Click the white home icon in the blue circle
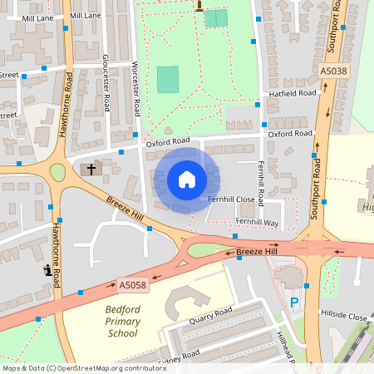[x=186, y=180]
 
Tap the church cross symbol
[x=91, y=169]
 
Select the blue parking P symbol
[x=293, y=304]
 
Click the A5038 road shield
[x=333, y=71]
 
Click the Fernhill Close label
[x=231, y=199]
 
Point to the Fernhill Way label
[x=255, y=222]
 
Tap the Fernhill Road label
[x=260, y=184]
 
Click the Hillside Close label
[x=344, y=317]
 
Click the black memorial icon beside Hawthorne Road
[x=44, y=270]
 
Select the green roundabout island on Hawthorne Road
[x=57, y=172]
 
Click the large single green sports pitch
[x=168, y=80]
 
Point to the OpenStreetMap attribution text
[x=72, y=367]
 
